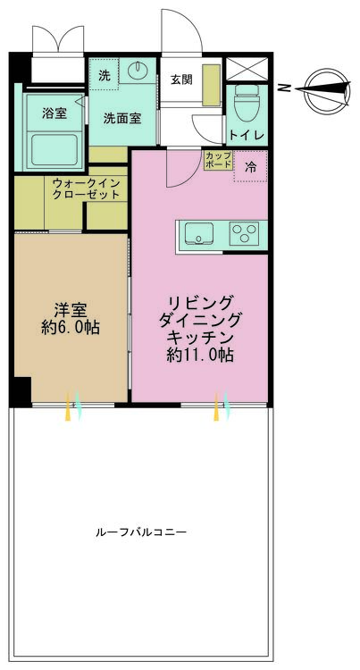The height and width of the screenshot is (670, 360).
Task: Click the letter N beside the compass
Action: pos(283,88)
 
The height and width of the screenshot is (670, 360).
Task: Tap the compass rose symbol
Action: pos(322,87)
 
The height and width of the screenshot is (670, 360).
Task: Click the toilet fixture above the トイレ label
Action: pos(245,104)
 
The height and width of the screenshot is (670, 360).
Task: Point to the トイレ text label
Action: pos(245,135)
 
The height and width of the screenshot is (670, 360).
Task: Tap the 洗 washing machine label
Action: pos(104,74)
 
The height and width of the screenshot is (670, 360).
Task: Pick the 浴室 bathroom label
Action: pos(54,113)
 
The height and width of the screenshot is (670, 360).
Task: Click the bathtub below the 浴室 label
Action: pos(55,147)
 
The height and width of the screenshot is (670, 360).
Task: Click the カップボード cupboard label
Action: pos(217,161)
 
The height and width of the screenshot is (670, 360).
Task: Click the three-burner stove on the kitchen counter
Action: pos(242,234)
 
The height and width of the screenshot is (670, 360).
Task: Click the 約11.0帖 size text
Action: pos(200,354)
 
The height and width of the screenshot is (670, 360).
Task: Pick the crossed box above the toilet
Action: pos(245,70)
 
